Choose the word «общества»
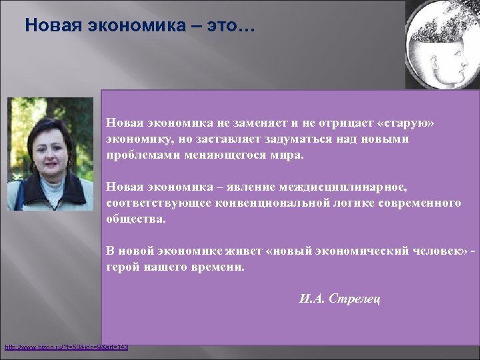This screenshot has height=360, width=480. click(135, 218)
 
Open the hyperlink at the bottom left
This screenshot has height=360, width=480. click(66, 347)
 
